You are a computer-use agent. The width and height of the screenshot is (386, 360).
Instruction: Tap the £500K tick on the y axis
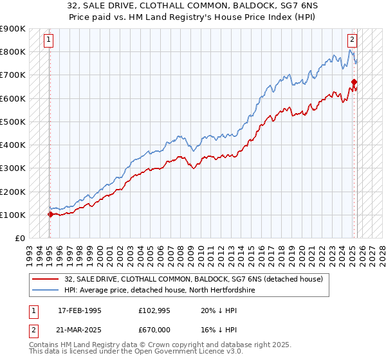pos(13,122)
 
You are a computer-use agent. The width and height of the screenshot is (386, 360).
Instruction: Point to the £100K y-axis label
pos(13,215)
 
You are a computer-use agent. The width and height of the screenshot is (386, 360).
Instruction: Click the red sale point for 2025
pos(354,82)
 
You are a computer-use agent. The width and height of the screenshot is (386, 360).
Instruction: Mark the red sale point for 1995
pos(50,214)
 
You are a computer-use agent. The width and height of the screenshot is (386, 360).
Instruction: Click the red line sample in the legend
pos(46,278)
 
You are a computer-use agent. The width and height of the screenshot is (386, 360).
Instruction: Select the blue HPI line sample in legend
pos(46,290)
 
